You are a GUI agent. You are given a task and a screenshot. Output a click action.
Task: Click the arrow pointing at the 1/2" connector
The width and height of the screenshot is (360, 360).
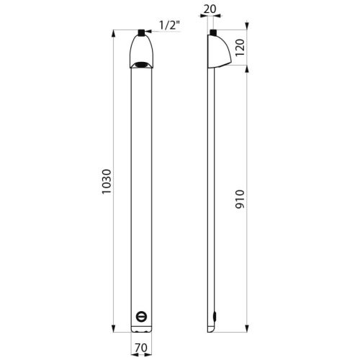[152, 32]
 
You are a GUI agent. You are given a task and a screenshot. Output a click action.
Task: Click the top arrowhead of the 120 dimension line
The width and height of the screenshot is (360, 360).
[247, 32]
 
